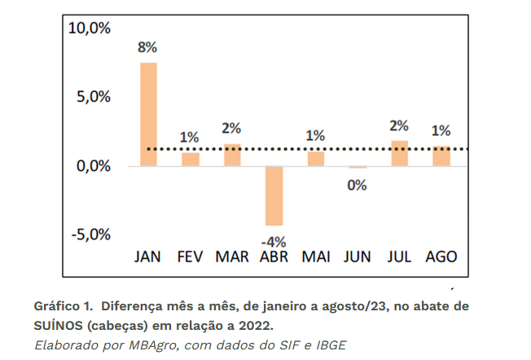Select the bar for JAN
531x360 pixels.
[x=148, y=114]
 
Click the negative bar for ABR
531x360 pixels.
[x=274, y=195]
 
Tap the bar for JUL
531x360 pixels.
[x=399, y=153]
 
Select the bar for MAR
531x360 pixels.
[x=232, y=155]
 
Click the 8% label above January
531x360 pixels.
[x=147, y=47]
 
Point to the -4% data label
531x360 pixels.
[x=273, y=241]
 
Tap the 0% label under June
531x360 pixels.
[x=357, y=185]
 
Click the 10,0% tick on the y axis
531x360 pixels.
[x=90, y=28]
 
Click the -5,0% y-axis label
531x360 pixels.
[x=90, y=235]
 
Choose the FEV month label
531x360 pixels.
[x=190, y=257]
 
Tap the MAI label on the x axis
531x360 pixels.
[x=315, y=257]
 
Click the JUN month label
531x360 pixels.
[x=357, y=257]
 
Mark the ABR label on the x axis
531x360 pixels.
[x=274, y=257]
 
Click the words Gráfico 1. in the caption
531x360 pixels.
[x=61, y=305]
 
